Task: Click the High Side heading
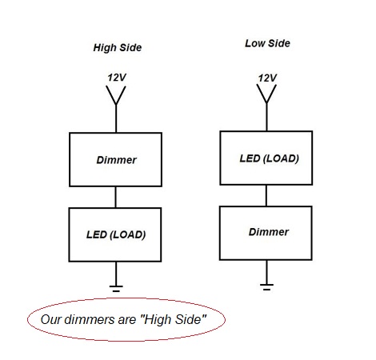point(118,48)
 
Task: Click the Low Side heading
point(267,43)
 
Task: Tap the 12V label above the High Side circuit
point(117,78)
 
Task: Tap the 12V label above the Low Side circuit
point(267,78)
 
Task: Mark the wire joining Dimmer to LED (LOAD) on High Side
point(115,197)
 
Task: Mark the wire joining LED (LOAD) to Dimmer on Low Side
point(266,195)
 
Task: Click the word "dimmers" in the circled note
point(89,319)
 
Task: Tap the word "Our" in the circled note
point(51,319)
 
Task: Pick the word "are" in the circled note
point(126,321)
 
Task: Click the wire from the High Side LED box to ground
point(116,274)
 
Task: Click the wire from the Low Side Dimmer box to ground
point(266,272)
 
